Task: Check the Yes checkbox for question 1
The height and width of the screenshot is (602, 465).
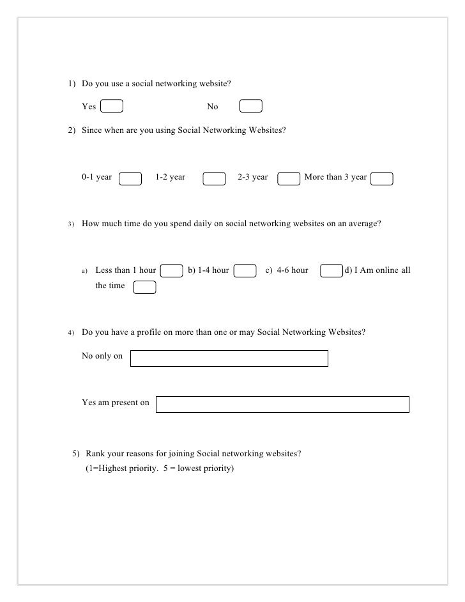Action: pyautogui.click(x=112, y=107)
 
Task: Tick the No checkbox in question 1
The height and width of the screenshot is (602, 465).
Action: pyautogui.click(x=251, y=107)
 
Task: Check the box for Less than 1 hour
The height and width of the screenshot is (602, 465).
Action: pyautogui.click(x=171, y=271)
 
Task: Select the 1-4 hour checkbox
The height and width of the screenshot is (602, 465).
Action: pyautogui.click(x=245, y=271)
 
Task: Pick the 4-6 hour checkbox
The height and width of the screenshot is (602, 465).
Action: pyautogui.click(x=331, y=271)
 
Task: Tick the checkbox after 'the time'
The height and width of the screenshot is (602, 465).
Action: pyautogui.click(x=145, y=287)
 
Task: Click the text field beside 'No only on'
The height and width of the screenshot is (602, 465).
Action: pyautogui.click(x=229, y=358)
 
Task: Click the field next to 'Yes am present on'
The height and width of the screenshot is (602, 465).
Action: pyautogui.click(x=282, y=404)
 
